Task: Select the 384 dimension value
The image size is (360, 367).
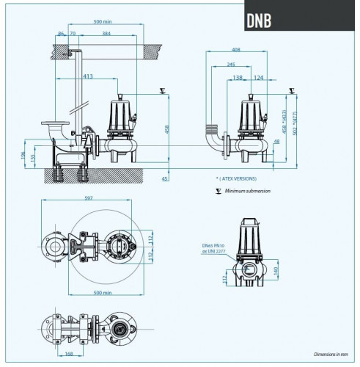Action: coord(106,34)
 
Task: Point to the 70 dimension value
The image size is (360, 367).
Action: coord(72,34)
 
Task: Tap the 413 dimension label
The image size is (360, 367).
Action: coord(87,76)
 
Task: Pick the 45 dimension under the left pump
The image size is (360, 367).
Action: coord(165,178)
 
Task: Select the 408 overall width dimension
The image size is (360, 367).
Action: coord(235,51)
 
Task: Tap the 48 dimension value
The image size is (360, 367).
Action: coord(276,142)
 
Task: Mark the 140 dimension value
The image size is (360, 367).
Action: coord(275,270)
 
